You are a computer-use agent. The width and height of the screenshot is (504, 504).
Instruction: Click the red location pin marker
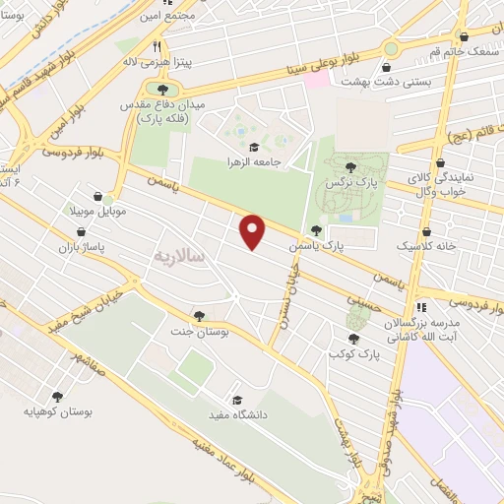coord(253,231)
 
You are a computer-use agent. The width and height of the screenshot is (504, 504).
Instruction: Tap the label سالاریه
coord(178,255)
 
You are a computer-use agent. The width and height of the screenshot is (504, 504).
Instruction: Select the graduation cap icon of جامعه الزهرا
coord(253,148)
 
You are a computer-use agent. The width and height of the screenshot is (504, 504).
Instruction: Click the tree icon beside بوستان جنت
coord(200,316)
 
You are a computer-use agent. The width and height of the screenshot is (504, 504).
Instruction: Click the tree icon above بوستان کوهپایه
coord(58,396)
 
